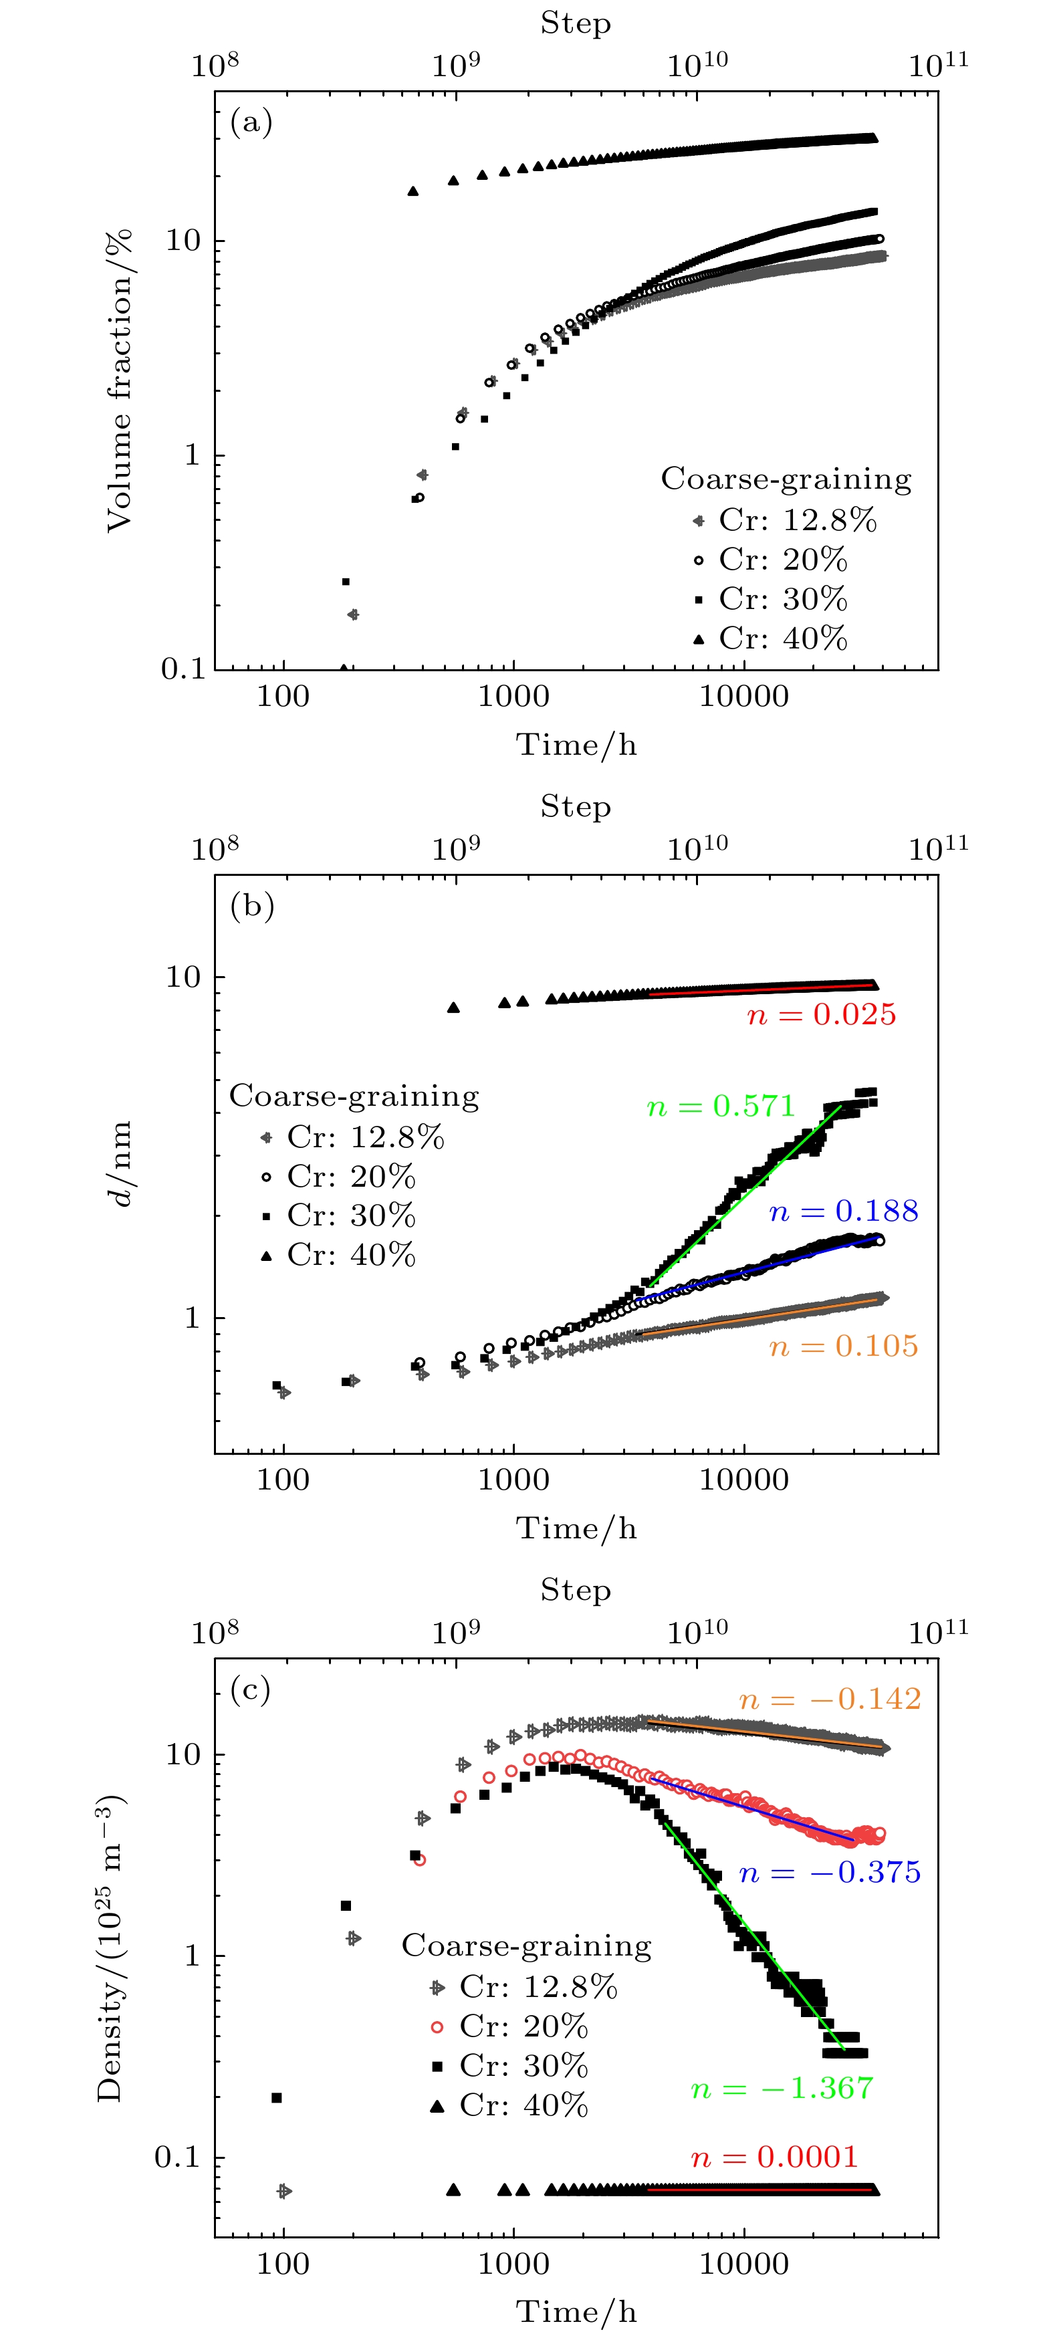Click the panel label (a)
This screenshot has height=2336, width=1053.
(251, 122)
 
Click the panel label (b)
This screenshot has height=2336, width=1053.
(251, 905)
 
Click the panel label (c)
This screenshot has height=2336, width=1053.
(251, 1689)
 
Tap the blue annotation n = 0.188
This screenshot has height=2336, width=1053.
(844, 1211)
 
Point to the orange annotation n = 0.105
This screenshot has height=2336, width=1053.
(844, 1346)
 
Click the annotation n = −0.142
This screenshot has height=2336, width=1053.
(830, 1698)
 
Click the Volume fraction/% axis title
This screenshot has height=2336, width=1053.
(120, 381)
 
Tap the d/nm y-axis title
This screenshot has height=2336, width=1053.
(120, 1165)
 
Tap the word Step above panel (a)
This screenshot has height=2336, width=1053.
(576, 23)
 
